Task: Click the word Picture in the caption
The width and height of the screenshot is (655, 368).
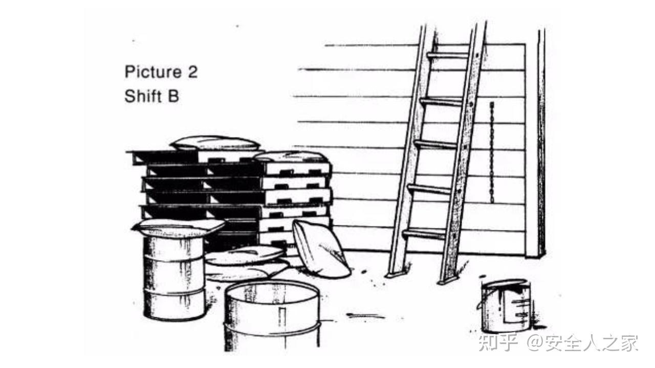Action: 153,72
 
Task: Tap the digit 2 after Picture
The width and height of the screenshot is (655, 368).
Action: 193,72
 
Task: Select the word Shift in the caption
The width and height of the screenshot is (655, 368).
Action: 143,96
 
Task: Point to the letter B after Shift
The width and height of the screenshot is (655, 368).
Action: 173,96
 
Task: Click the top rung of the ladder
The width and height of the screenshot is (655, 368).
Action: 447,56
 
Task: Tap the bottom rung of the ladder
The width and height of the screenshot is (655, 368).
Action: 424,234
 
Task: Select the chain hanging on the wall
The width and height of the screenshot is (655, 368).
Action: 492,152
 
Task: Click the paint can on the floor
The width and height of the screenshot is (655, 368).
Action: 506,306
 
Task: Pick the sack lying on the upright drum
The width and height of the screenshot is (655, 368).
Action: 178,227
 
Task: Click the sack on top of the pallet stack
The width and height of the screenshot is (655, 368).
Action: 215,144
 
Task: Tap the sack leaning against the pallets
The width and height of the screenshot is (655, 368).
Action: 321,249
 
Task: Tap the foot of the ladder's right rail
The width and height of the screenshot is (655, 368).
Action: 447,280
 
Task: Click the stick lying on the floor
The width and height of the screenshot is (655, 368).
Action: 365,315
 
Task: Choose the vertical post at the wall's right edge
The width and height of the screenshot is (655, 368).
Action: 541,143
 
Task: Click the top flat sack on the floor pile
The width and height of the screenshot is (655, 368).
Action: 245,255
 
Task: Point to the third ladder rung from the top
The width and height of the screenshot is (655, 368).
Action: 435,144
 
